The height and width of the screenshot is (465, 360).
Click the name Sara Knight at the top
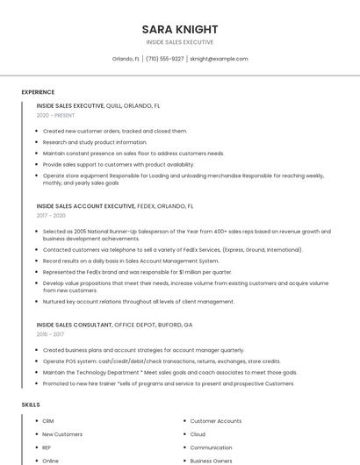point(179,29)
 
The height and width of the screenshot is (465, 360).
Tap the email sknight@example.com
point(219,59)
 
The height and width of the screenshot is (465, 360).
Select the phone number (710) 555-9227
point(165,59)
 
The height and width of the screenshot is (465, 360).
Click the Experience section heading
point(38,92)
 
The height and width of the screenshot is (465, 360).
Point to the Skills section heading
point(31,404)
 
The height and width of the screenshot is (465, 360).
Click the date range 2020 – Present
point(55,115)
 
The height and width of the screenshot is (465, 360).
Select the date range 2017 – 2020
point(51,215)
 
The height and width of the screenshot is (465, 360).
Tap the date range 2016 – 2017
point(50,334)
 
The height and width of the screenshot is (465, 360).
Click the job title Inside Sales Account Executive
point(86,206)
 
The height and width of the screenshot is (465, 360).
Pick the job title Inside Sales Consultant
point(75,325)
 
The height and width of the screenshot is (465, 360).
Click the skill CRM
point(48,421)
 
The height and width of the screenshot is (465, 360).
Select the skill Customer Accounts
point(215,421)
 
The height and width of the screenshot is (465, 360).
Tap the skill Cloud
point(198,434)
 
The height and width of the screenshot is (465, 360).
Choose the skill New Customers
point(62,434)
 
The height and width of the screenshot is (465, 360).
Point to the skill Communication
point(211,447)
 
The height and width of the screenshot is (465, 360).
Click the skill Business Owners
point(212,461)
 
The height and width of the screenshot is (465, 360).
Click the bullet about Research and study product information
point(95,142)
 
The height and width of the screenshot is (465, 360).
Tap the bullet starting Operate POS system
point(161,361)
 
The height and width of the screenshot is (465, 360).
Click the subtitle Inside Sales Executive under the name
point(179,42)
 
